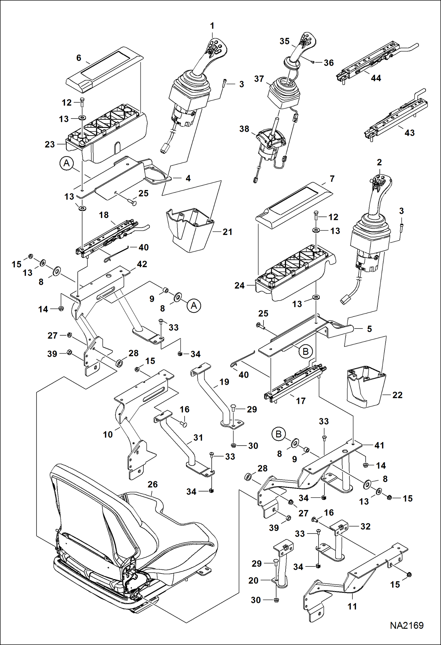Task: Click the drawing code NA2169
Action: click(407, 626)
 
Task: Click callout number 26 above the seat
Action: click(152, 484)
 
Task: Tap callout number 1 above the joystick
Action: click(212, 26)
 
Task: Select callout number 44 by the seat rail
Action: click(376, 78)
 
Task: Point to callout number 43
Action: click(409, 133)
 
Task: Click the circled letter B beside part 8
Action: click(278, 434)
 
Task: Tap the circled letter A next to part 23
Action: click(67, 163)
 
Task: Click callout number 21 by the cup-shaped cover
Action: click(227, 232)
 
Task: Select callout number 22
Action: click(397, 395)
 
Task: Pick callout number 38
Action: click(244, 129)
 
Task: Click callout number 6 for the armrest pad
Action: click(79, 58)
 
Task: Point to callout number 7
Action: click(332, 179)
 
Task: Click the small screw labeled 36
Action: click(313, 62)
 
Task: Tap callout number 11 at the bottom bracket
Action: click(352, 606)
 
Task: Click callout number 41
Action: click(379, 445)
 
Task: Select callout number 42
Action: click(142, 264)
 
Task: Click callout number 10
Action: click(108, 434)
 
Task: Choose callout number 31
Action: click(198, 438)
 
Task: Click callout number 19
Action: click(224, 382)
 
